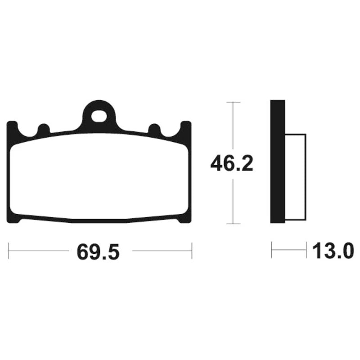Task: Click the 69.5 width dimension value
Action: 98,252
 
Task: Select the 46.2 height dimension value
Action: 231,163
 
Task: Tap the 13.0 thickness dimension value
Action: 333,251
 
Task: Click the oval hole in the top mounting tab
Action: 99,117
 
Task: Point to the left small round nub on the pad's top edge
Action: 44,129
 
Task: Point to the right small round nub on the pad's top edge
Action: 154,129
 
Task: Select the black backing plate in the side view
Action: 278,162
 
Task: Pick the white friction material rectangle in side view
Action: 296,177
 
